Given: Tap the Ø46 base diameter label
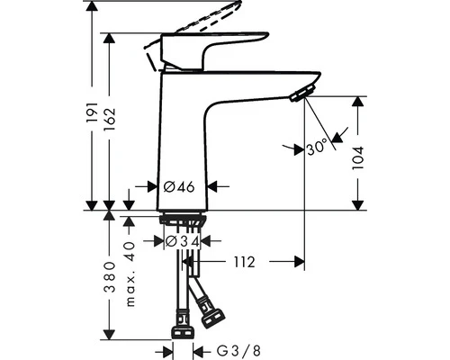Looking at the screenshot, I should (x=180, y=187).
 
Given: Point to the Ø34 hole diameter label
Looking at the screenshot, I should (x=182, y=241).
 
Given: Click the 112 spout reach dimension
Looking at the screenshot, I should (x=243, y=263).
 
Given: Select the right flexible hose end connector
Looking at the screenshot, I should (x=214, y=317).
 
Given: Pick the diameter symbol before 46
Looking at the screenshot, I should (x=169, y=187).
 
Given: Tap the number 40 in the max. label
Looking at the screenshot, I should (x=130, y=249).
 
